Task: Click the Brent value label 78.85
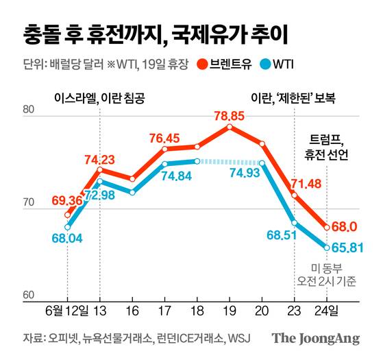(231, 115)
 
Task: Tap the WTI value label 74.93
(245, 173)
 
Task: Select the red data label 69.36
(67, 201)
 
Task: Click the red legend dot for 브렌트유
(203, 65)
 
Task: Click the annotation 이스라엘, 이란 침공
(99, 97)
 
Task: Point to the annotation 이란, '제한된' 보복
(295, 97)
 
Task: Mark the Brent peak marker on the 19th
(230, 127)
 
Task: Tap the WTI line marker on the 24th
(327, 248)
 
